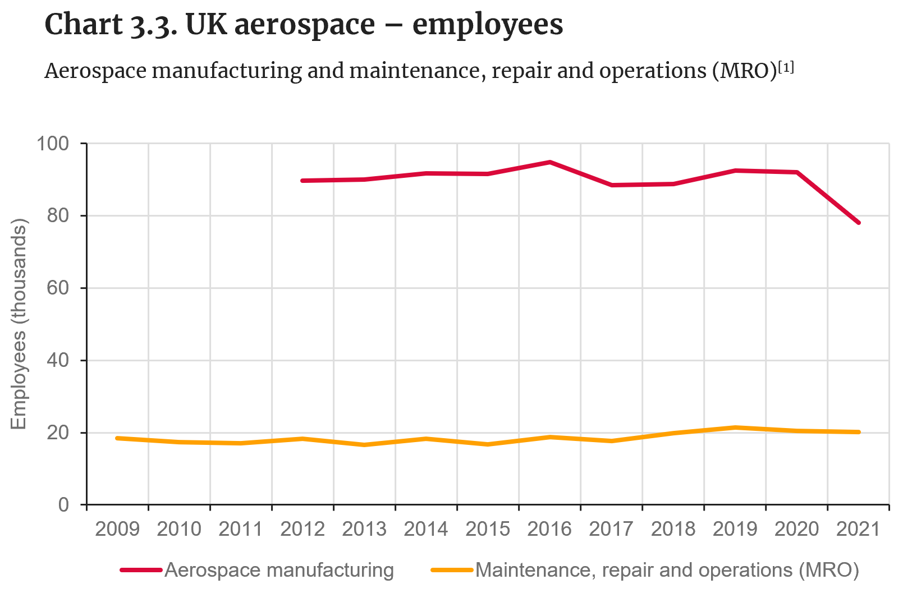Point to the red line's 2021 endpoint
858,223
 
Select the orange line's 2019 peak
735,427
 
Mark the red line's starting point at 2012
303,181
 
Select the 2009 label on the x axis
117,528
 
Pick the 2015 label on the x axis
488,528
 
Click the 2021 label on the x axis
858,528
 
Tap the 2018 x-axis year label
673,528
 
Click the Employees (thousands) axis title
19,325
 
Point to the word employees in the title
488,25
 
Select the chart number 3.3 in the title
152,25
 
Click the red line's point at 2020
796,172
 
